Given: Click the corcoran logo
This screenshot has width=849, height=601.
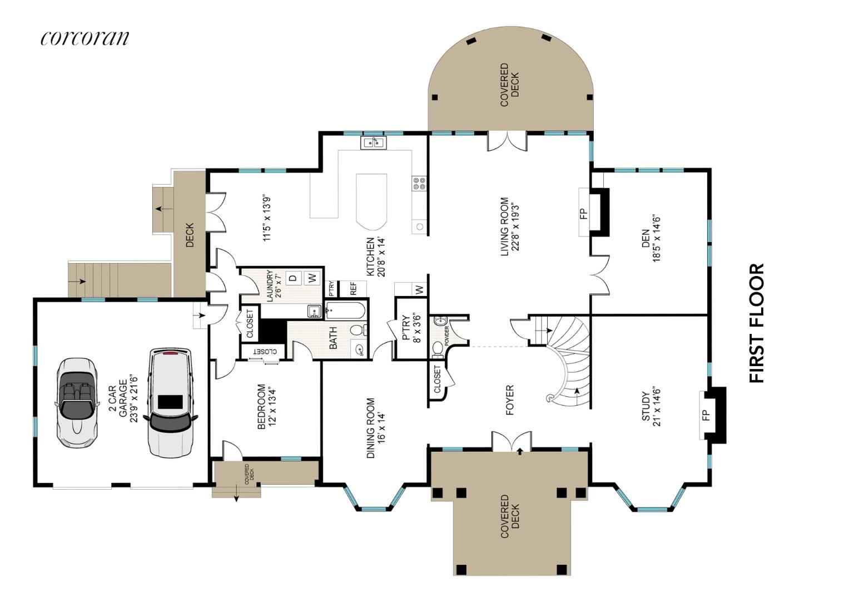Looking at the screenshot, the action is click(85, 38).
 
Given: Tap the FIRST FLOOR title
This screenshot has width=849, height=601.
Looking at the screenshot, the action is click(757, 323).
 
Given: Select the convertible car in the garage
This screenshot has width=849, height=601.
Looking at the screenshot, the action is click(77, 403).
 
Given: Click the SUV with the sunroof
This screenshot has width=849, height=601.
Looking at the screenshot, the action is click(171, 403).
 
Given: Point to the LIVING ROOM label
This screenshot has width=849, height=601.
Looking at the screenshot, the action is click(509, 226).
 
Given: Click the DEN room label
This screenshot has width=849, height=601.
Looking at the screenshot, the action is click(651, 238).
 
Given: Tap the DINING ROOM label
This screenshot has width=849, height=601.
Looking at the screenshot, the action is click(375, 428).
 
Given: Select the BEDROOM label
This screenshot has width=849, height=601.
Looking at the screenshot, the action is click(266, 407).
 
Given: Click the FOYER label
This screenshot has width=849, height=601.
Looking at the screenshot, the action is click(510, 400).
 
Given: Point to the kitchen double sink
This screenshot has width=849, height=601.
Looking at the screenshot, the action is click(373, 143).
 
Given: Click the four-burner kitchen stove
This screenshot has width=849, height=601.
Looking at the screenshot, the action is click(419, 184).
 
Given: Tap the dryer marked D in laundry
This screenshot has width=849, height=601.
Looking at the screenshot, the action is click(292, 278).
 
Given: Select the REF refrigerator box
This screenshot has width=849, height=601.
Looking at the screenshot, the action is click(353, 288).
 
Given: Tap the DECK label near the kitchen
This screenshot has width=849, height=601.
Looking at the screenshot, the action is click(190, 235).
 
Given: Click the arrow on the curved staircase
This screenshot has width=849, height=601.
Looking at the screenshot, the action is click(577, 391).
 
